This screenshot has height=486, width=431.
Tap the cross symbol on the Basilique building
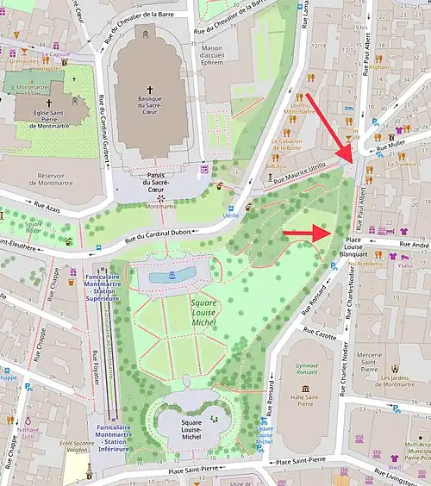pos(149,89)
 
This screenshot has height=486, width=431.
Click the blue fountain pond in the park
pos(172,275)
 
